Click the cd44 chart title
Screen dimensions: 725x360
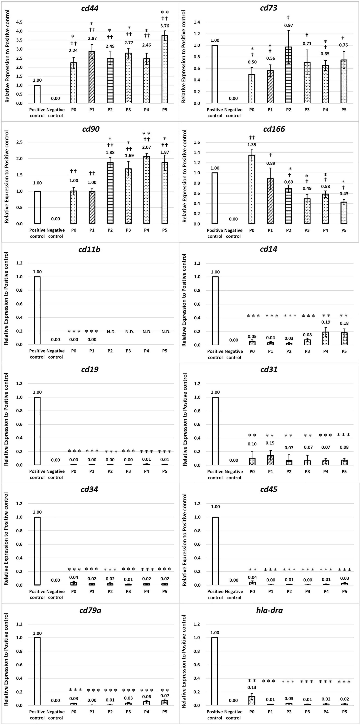coord(90,8)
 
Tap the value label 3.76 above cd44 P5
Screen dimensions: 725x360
coord(165,26)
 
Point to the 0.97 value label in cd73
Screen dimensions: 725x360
coord(289,25)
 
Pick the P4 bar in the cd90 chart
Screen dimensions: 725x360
coord(146,190)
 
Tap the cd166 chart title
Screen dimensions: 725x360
coord(274,129)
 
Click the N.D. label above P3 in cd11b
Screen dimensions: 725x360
coord(129,332)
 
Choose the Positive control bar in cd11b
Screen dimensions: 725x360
coord(37,310)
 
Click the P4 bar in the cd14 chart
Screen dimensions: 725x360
coord(326,338)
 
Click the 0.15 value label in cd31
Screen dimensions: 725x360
coord(270,443)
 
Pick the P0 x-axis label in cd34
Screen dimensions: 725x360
coord(74,592)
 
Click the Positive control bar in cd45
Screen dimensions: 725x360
coord(215,551)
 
